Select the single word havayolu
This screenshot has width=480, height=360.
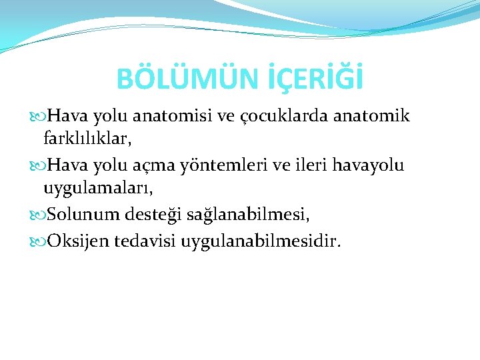(x=372, y=165)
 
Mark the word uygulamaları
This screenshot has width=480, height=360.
(x=98, y=189)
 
